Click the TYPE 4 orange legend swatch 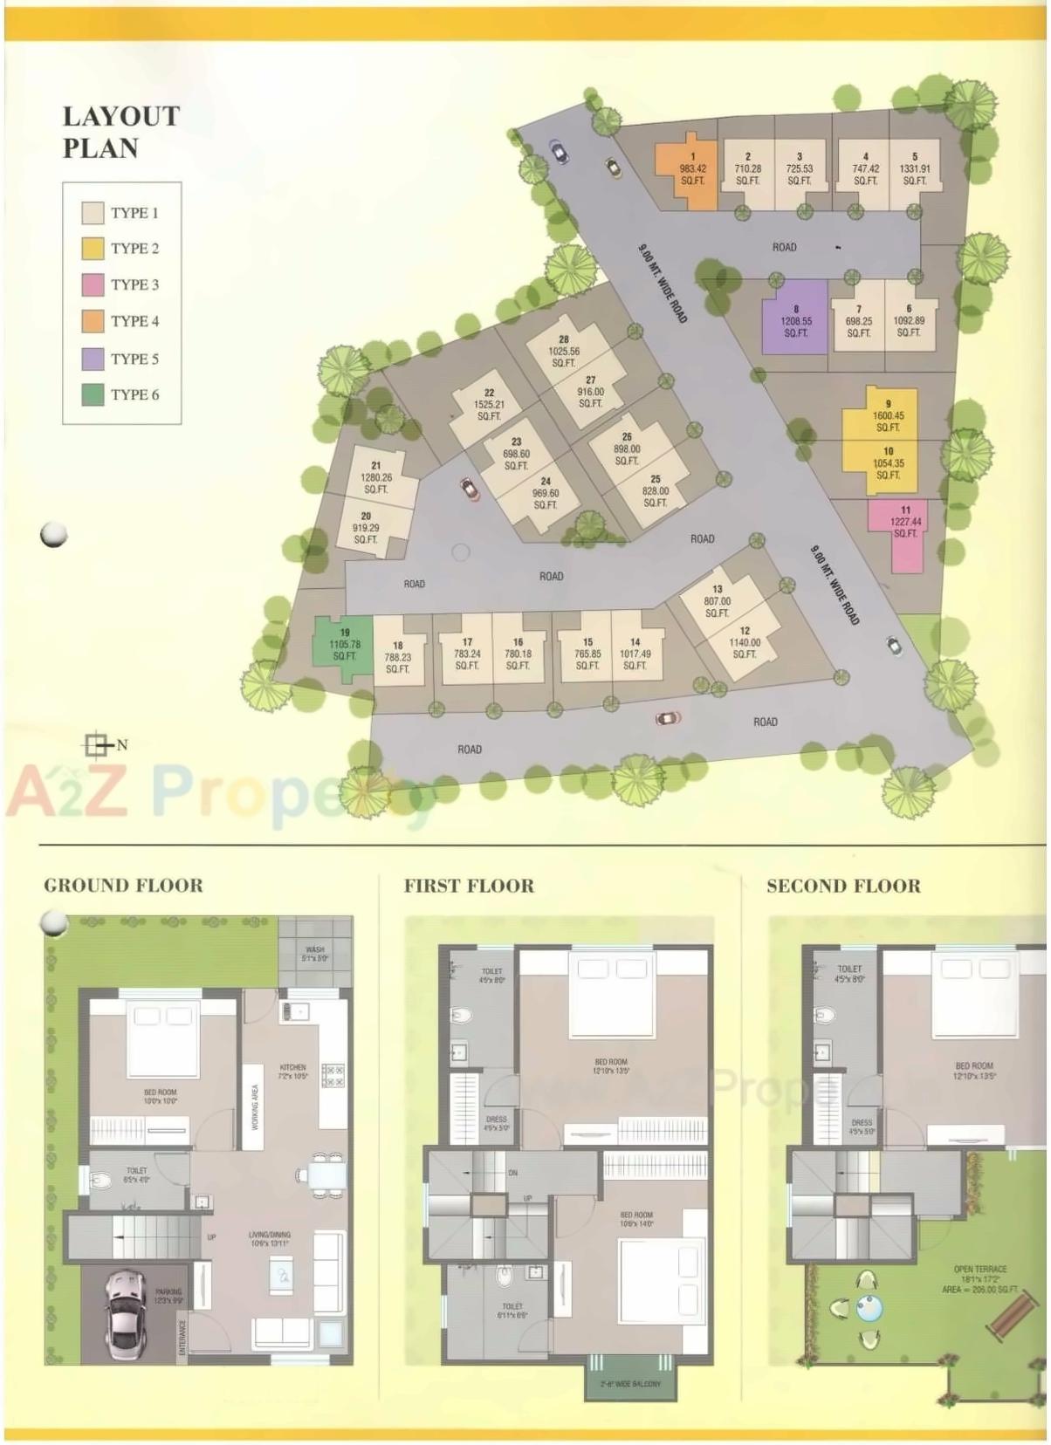(x=93, y=321)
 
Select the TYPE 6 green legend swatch (x=93, y=394)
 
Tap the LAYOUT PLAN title (x=120, y=132)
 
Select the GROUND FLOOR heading (x=123, y=886)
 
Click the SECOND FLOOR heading (x=842, y=887)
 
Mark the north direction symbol (x=98, y=744)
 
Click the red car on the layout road (x=470, y=489)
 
